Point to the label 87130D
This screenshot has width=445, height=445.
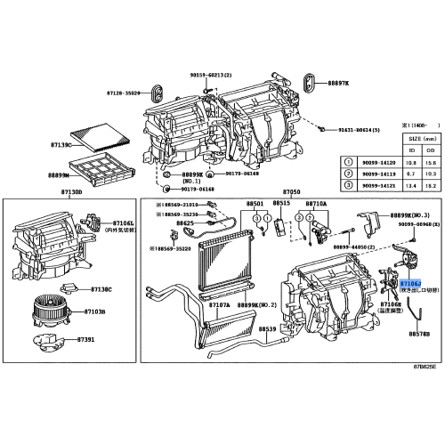(70, 191)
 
